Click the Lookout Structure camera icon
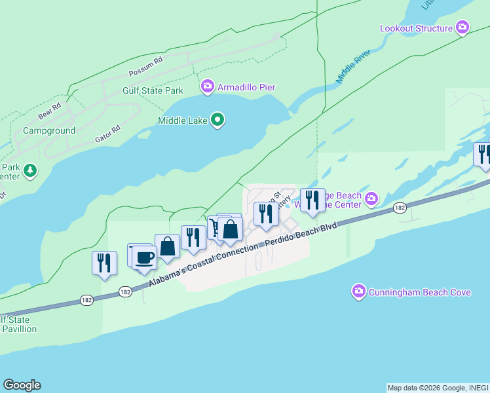[x=462, y=28]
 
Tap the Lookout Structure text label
[x=417, y=28]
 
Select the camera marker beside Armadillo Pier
[x=208, y=86]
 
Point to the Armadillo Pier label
[x=246, y=87]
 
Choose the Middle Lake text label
[x=183, y=121]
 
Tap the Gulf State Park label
[x=153, y=90]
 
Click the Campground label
[x=49, y=130]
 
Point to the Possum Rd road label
[x=145, y=66]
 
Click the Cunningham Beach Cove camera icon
[x=358, y=290]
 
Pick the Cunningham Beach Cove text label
[x=419, y=291]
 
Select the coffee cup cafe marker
[x=145, y=256]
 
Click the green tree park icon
[x=29, y=171]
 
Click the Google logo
[x=22, y=384]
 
